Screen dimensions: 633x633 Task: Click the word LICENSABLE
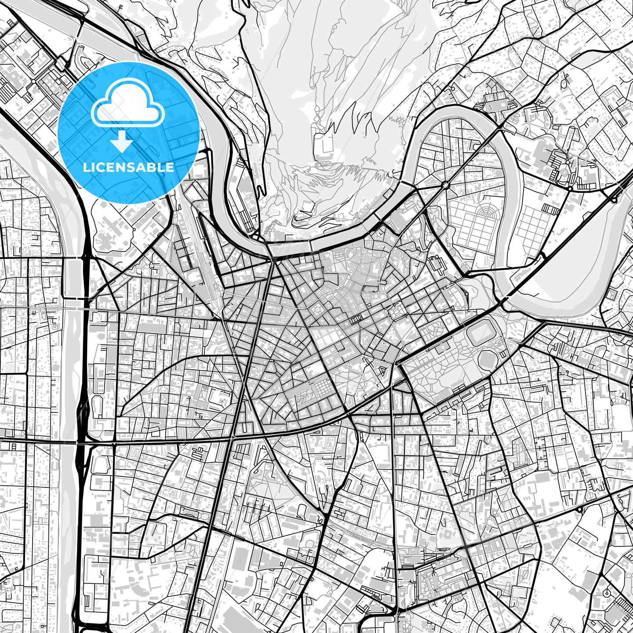click(128, 167)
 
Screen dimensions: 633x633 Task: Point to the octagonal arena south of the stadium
click(486, 360)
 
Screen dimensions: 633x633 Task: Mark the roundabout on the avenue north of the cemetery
click(447, 185)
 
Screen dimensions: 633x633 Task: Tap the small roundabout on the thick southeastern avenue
click(580, 509)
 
